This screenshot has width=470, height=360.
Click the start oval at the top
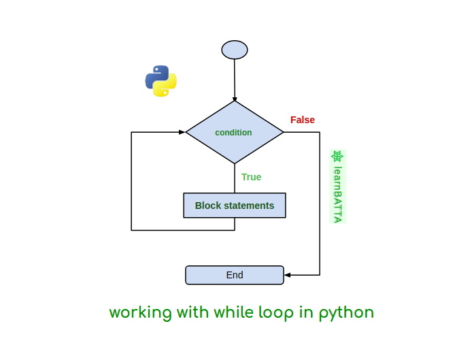(x=235, y=50)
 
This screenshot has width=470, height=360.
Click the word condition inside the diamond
(x=233, y=133)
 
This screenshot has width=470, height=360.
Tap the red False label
(x=303, y=120)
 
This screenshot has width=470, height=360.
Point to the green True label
(x=251, y=177)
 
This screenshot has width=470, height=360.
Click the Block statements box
(x=235, y=206)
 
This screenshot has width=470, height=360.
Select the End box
(x=235, y=275)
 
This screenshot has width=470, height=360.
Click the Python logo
(x=161, y=81)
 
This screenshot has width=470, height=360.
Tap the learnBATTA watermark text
(x=337, y=195)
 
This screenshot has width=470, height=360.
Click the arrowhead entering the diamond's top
(x=235, y=99)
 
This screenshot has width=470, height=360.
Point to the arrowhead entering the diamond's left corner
(x=182, y=132)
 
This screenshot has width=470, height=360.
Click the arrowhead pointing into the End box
(x=288, y=275)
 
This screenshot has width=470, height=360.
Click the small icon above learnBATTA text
(x=337, y=157)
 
